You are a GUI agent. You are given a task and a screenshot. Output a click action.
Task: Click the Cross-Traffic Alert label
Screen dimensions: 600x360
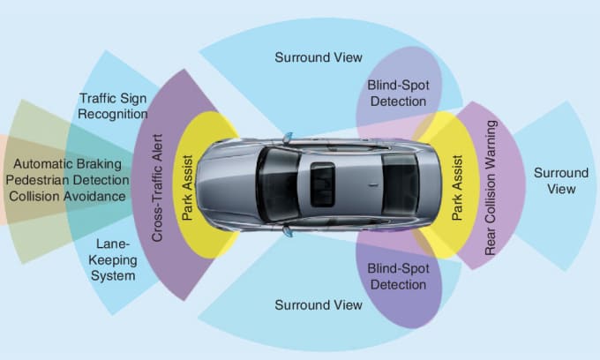(x=157, y=188)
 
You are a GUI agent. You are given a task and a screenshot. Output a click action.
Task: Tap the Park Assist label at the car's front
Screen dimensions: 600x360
(x=187, y=187)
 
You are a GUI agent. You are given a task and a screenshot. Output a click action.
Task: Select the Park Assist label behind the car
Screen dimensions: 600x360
(x=457, y=187)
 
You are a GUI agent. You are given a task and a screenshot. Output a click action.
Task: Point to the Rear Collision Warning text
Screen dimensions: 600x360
(x=491, y=187)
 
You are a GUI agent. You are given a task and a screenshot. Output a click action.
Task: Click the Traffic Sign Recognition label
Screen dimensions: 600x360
(x=113, y=106)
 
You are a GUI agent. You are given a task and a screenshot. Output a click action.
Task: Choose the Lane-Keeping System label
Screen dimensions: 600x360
(x=113, y=259)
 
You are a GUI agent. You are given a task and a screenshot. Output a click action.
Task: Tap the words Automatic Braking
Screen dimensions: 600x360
(x=68, y=164)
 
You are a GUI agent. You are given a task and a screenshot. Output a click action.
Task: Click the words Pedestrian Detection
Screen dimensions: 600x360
(x=68, y=180)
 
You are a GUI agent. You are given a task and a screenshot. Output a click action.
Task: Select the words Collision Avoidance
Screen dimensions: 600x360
(x=68, y=196)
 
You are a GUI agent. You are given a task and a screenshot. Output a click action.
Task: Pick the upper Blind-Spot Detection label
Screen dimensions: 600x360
(x=398, y=93)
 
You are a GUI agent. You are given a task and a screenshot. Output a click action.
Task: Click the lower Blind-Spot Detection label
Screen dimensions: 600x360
(x=398, y=276)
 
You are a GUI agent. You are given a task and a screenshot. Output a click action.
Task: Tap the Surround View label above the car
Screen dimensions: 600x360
(x=319, y=57)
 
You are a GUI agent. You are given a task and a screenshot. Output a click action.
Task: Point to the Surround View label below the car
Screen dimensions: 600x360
(x=319, y=305)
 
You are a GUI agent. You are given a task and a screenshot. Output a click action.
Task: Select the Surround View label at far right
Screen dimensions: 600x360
(x=561, y=181)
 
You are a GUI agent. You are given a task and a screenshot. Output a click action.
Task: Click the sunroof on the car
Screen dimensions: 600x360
(x=322, y=184)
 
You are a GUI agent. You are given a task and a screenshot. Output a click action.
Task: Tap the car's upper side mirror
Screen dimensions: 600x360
(x=288, y=137)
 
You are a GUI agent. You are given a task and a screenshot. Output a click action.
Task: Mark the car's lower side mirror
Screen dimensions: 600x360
(x=288, y=231)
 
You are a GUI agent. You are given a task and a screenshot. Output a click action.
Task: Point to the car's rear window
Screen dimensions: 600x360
(x=400, y=184)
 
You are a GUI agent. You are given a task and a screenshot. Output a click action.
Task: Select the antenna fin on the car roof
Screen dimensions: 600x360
(x=373, y=185)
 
